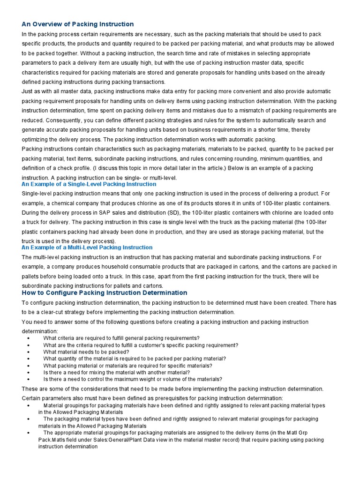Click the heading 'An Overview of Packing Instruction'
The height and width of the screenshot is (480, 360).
[78, 24]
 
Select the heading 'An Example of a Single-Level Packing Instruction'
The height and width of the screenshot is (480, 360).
[89, 184]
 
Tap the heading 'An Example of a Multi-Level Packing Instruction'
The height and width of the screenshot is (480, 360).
[87, 247]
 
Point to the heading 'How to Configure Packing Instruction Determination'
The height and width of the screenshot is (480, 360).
[105, 292]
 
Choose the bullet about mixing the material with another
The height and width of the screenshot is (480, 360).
[116, 372]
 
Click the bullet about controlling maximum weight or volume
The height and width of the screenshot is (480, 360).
[133, 379]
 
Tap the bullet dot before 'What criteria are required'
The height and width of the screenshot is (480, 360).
[29, 338]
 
